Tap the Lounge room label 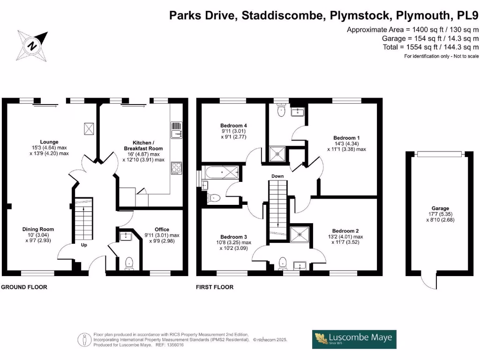(x=49, y=142)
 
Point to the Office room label (x=162, y=230)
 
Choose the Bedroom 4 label (x=233, y=126)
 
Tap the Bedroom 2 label (x=345, y=231)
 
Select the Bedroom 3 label (x=233, y=237)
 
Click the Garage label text (x=440, y=209)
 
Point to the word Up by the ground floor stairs (x=84, y=245)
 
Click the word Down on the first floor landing (x=278, y=176)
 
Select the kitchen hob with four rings (x=176, y=168)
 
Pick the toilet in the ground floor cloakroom (x=129, y=264)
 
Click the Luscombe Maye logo (x=354, y=339)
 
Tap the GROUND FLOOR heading (x=24, y=287)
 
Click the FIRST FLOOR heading (x=215, y=287)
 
